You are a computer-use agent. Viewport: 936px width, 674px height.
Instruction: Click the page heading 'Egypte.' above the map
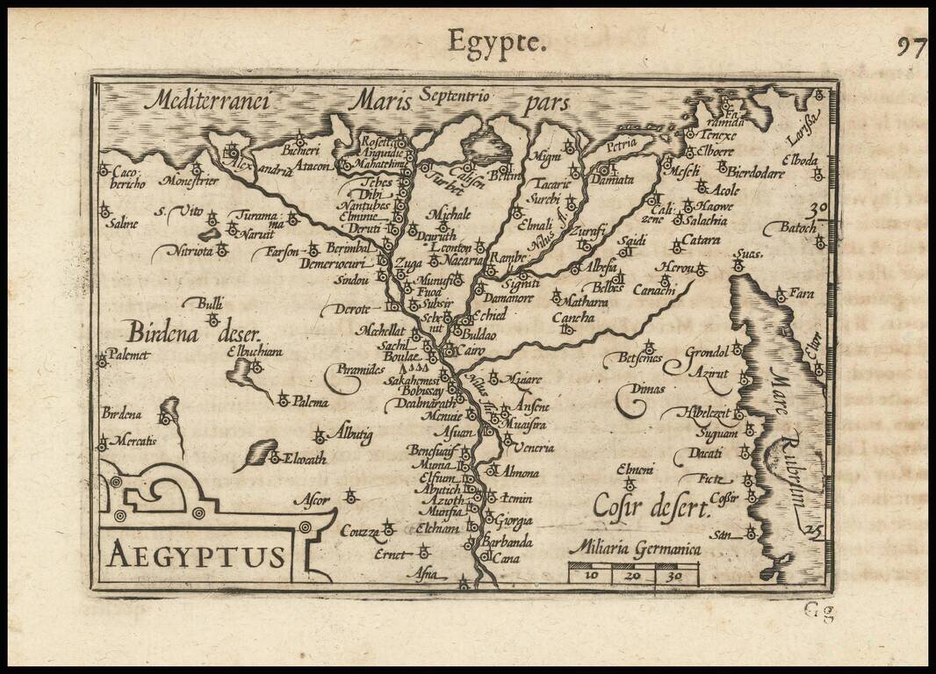[497, 41]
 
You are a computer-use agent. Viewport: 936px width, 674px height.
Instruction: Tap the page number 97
[911, 47]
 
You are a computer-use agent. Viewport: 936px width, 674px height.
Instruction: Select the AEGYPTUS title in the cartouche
[197, 556]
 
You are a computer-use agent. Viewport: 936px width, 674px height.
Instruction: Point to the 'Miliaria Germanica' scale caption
[635, 549]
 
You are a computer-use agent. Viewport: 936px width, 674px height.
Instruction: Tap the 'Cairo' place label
[472, 350]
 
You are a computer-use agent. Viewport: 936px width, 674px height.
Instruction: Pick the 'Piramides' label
[360, 370]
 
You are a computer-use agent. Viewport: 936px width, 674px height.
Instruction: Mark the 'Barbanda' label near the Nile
[507, 541]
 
